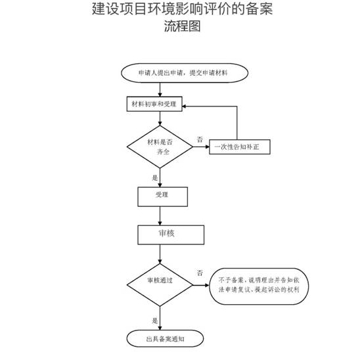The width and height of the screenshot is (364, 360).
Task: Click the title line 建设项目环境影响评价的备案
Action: click(x=182, y=11)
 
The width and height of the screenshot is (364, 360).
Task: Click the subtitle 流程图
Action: click(x=182, y=27)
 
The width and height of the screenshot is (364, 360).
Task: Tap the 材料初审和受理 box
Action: click(x=154, y=104)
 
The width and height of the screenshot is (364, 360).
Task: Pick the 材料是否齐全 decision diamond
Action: click(x=160, y=146)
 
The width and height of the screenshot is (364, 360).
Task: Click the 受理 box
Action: click(x=163, y=195)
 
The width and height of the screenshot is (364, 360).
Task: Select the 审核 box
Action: click(x=166, y=234)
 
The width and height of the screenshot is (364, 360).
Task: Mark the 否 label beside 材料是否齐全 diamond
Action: click(x=199, y=139)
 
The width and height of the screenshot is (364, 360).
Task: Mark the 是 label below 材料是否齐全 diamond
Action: click(x=155, y=177)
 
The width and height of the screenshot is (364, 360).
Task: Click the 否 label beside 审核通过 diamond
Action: click(x=199, y=272)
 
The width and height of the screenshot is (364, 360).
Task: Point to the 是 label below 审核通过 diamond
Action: click(x=155, y=321)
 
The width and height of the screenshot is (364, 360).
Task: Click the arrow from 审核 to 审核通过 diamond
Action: click(x=160, y=253)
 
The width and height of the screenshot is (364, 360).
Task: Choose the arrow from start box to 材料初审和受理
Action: click(x=160, y=89)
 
